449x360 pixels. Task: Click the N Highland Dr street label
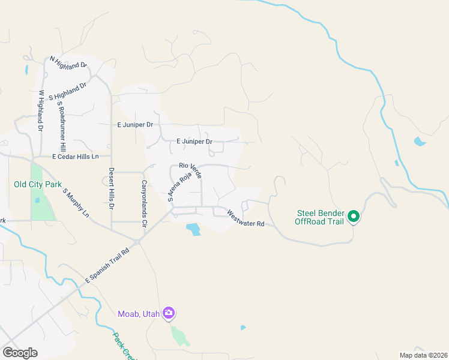(68, 62)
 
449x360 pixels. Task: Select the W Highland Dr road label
(41, 110)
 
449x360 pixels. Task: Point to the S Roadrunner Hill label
(61, 126)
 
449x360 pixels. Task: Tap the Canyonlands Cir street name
(143, 203)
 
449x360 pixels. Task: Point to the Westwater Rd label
(246, 218)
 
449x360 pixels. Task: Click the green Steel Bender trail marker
(354, 217)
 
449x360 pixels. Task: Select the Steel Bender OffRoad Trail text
(319, 217)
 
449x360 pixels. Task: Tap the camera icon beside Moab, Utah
(169, 313)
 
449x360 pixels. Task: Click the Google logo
(20, 353)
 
